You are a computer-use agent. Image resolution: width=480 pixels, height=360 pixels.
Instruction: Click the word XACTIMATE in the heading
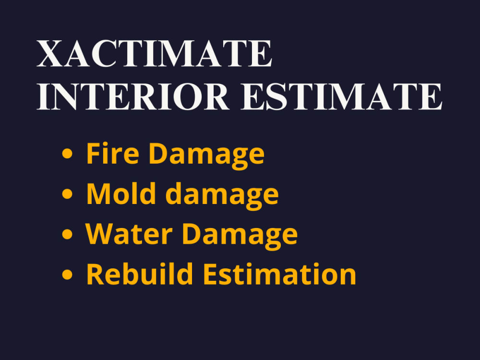coord(155,54)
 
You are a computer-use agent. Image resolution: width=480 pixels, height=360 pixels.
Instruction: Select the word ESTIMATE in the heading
coord(341,97)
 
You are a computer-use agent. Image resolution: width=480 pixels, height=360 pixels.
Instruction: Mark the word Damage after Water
coord(240,234)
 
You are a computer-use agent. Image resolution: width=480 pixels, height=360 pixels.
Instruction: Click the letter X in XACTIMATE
coord(50,54)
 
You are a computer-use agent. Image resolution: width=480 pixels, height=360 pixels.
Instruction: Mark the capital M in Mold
coord(97,193)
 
